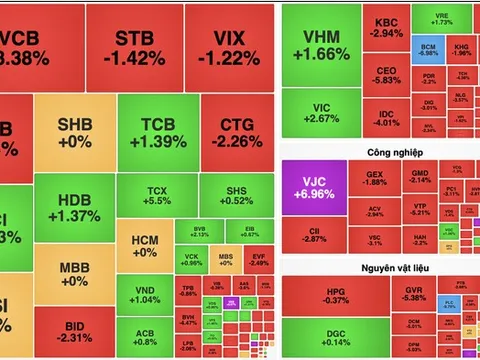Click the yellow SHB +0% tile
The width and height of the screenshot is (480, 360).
click(74, 134)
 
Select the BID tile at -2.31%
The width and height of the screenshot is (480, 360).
click(73, 332)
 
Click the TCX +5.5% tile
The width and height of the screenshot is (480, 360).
click(156, 196)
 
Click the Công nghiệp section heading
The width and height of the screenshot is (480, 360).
click(379, 153)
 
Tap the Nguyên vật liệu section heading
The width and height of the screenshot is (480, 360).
click(379, 268)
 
